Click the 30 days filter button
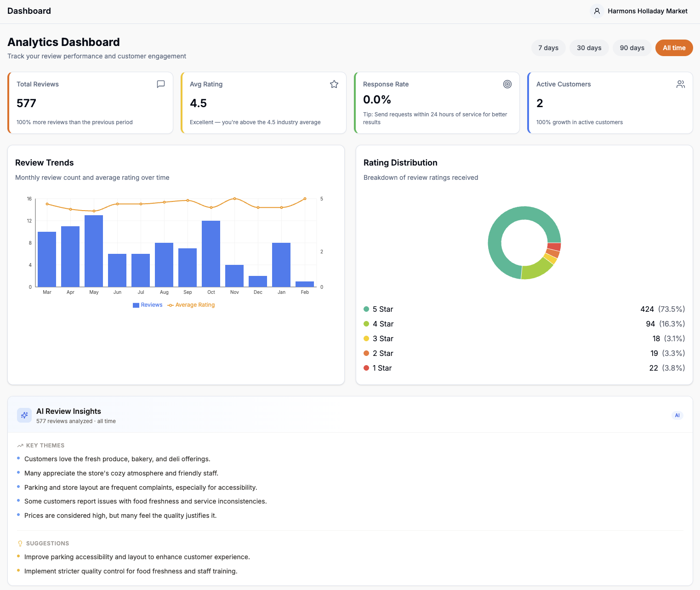(x=589, y=48)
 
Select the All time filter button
(x=674, y=48)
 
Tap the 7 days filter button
(x=548, y=48)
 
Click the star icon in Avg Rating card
(x=334, y=84)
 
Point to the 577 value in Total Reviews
(x=26, y=103)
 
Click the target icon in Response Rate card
(x=507, y=84)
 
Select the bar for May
(x=94, y=251)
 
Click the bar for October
(x=211, y=253)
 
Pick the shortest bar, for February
(x=305, y=284)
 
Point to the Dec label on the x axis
(x=258, y=292)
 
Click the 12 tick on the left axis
(x=29, y=221)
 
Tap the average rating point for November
(x=235, y=199)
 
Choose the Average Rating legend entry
(x=191, y=305)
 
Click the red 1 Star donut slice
(x=554, y=246)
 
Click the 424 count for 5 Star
(x=647, y=309)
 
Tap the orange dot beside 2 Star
(x=366, y=353)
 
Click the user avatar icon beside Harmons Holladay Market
(x=597, y=11)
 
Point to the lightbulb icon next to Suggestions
(x=20, y=544)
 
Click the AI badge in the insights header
(x=677, y=415)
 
